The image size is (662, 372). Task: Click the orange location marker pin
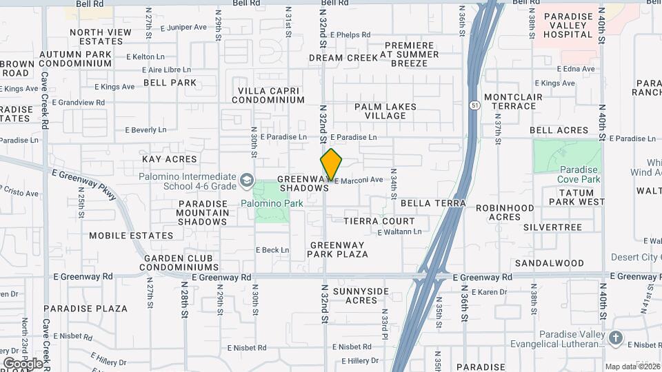(x=331, y=164)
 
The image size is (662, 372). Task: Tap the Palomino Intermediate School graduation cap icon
(x=246, y=180)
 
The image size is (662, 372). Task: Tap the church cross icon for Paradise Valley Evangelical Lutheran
(x=615, y=338)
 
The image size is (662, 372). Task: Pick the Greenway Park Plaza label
(x=339, y=249)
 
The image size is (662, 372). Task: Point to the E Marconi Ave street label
(x=359, y=180)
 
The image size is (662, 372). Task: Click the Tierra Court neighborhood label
(x=379, y=221)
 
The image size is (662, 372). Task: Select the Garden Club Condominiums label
(x=181, y=262)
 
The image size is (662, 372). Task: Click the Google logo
(x=23, y=363)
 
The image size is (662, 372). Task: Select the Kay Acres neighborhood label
(x=170, y=159)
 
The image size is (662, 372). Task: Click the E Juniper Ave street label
(x=183, y=28)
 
